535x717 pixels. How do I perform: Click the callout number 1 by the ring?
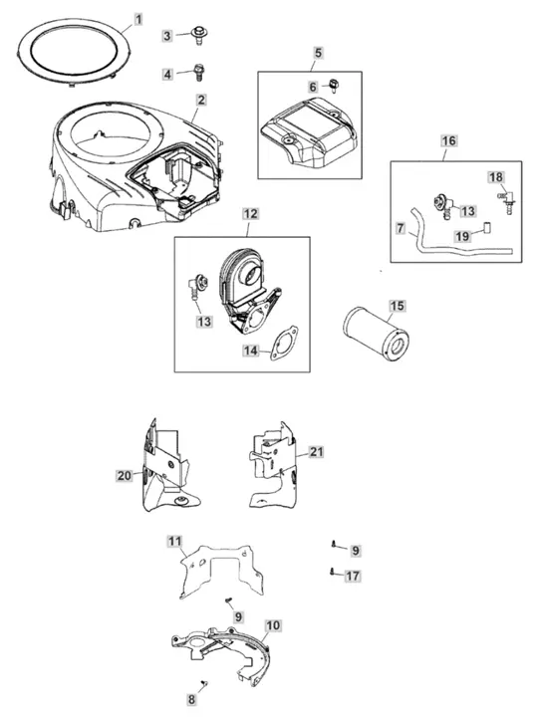[138, 19]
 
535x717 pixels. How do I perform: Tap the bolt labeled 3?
[198, 35]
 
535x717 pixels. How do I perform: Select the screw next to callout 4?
[198, 73]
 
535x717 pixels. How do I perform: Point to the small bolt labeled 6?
[333, 85]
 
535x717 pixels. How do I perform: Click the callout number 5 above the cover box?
[318, 53]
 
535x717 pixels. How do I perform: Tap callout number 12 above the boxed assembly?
[250, 214]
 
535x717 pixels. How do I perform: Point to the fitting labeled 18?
[506, 199]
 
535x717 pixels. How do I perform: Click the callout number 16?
[448, 140]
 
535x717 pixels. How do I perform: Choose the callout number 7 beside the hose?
[401, 228]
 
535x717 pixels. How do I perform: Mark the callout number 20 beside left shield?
[124, 476]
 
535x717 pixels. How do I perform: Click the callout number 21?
[316, 452]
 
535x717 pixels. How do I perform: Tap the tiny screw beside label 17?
[332, 572]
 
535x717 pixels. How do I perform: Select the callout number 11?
[174, 542]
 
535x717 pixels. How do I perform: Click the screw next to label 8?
[204, 683]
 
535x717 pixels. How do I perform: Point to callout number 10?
[273, 624]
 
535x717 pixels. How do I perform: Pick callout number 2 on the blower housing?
[201, 100]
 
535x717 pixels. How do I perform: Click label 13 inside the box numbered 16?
[467, 211]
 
